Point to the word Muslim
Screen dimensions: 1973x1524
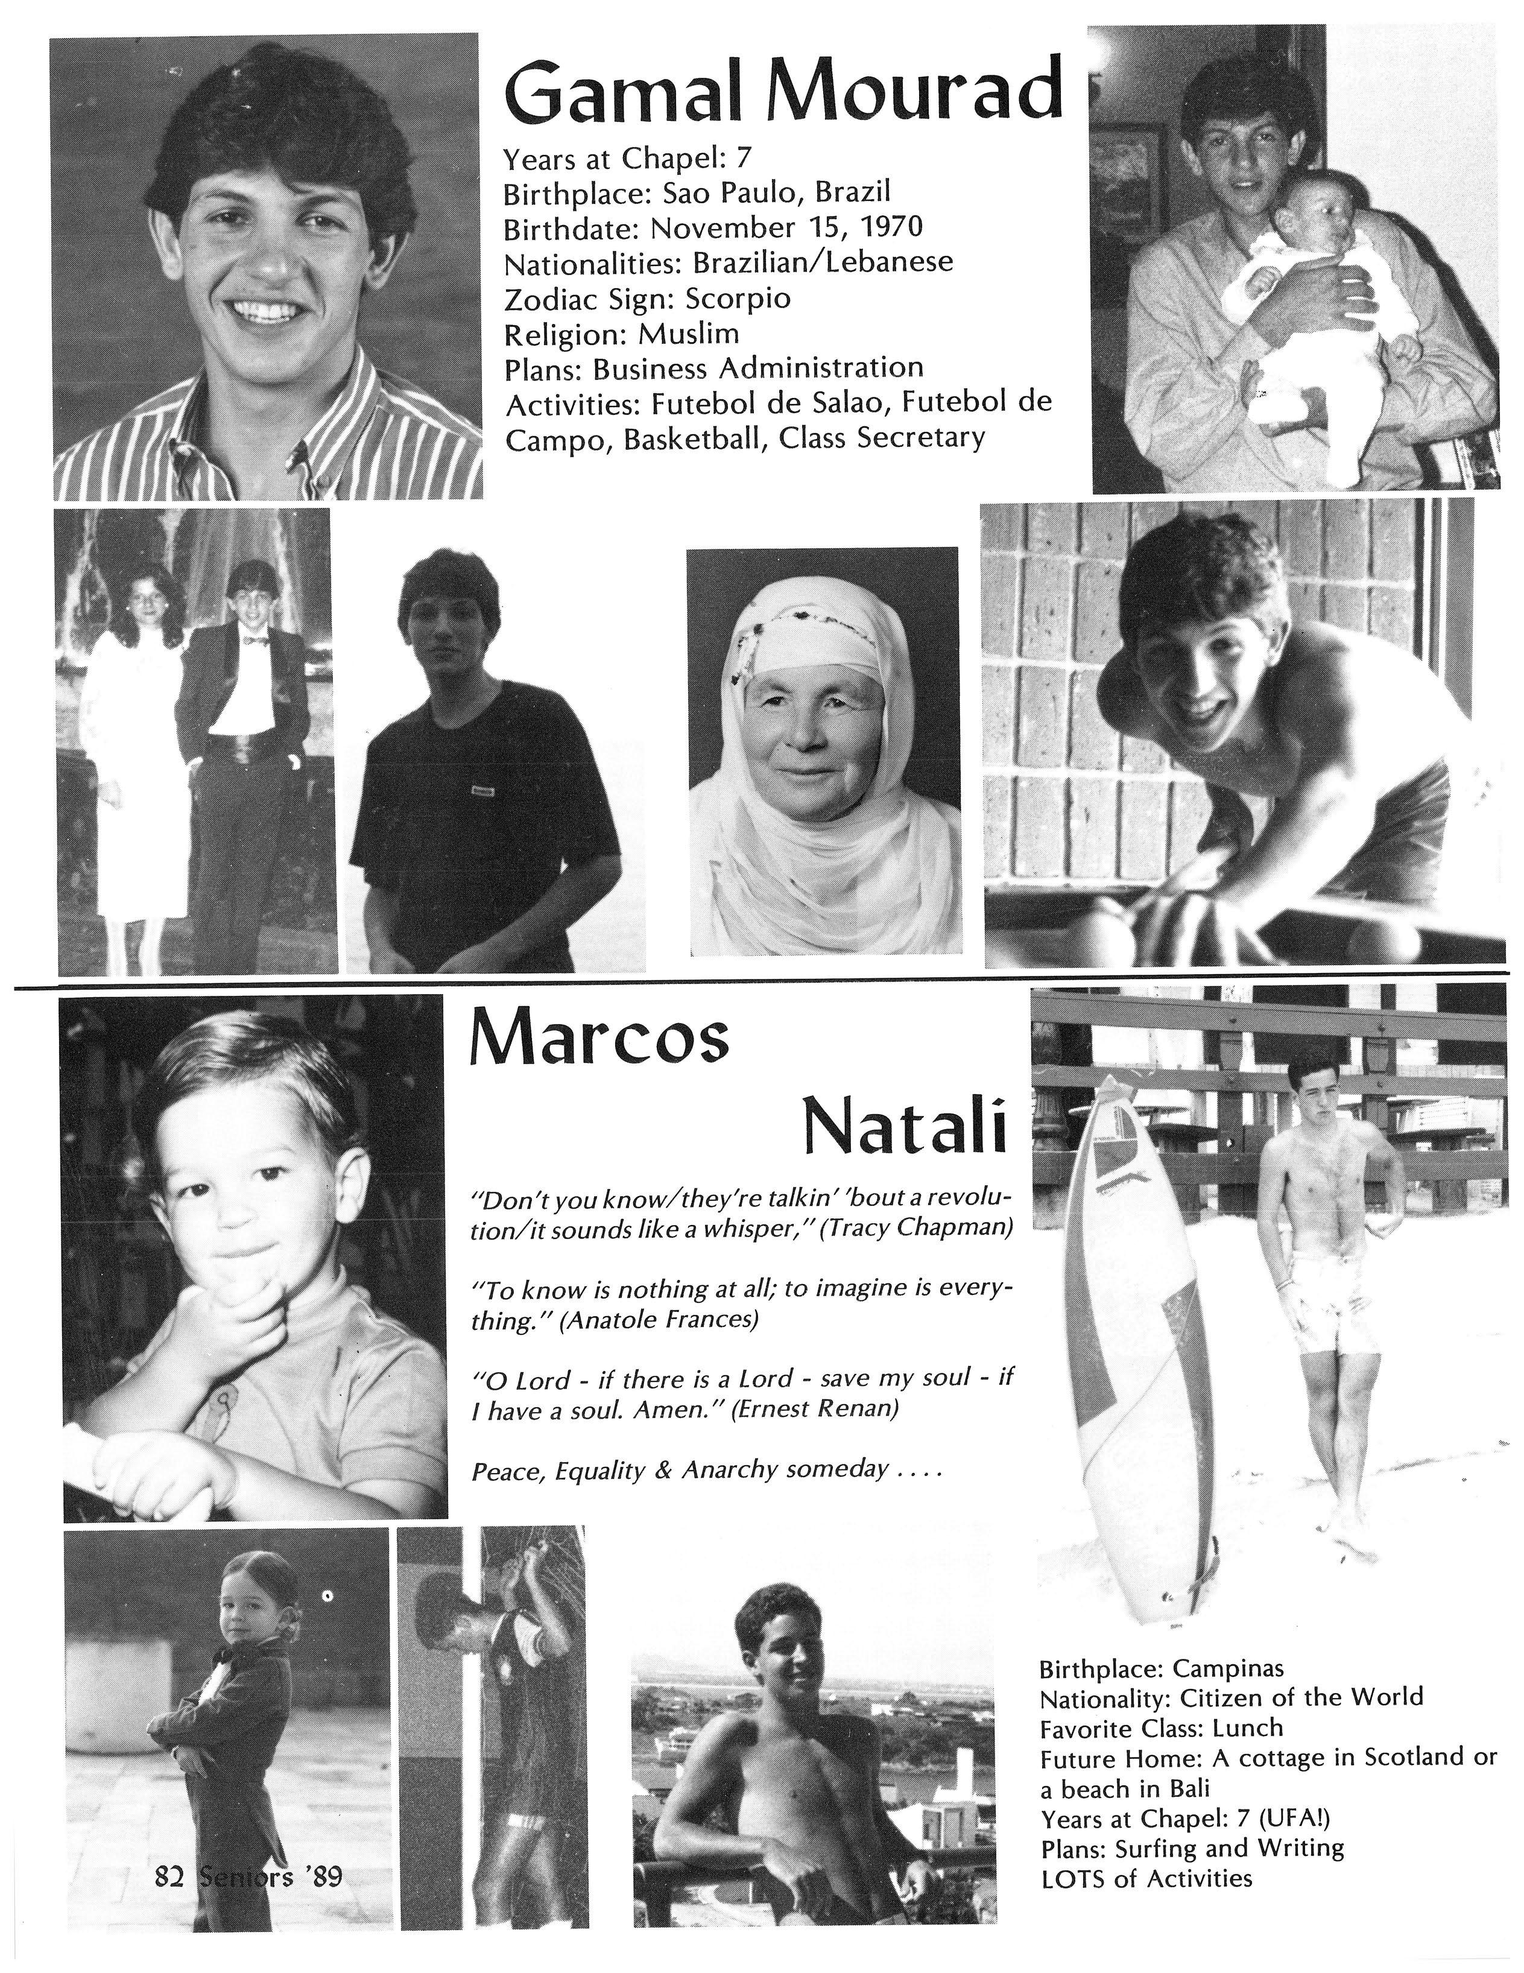coord(688,334)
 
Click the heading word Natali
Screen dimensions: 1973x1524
coord(903,1129)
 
